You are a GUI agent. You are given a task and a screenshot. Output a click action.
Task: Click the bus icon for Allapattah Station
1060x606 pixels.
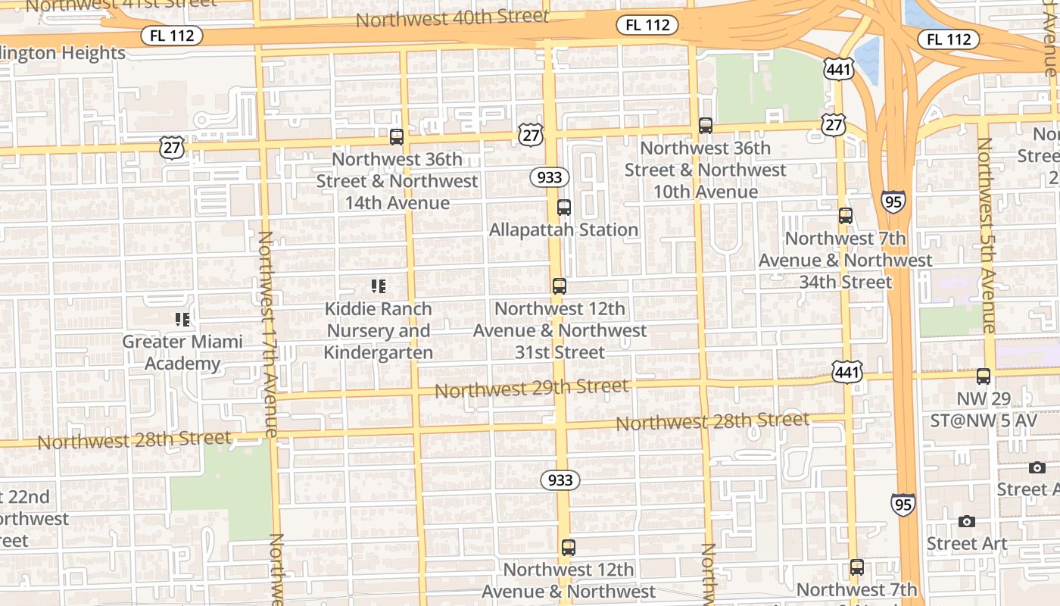pyautogui.click(x=564, y=208)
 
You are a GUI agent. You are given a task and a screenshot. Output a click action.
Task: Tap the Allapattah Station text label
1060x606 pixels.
pyautogui.click(x=564, y=230)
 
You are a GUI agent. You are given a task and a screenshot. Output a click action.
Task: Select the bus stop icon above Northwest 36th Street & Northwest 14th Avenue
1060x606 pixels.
pyautogui.click(x=397, y=137)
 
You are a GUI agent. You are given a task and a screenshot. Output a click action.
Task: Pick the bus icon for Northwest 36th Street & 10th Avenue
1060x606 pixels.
pyautogui.click(x=706, y=126)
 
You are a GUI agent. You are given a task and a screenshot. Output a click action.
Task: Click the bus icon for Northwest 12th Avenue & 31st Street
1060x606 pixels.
pyautogui.click(x=560, y=286)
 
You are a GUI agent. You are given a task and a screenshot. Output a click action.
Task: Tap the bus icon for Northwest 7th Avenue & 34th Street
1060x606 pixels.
pyautogui.click(x=846, y=216)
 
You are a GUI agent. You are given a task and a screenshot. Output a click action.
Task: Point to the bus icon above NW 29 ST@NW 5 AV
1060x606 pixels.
pyautogui.click(x=984, y=376)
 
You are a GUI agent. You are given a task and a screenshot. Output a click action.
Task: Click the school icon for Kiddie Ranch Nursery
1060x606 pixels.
pyautogui.click(x=379, y=286)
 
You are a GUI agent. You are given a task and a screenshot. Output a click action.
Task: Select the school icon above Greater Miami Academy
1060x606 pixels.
pyautogui.click(x=182, y=320)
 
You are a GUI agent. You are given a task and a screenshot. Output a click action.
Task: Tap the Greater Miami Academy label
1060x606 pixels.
pyautogui.click(x=182, y=352)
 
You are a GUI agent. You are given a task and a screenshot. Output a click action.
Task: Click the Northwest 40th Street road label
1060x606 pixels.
pyautogui.click(x=452, y=18)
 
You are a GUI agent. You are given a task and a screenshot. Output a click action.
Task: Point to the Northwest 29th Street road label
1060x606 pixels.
pyautogui.click(x=531, y=389)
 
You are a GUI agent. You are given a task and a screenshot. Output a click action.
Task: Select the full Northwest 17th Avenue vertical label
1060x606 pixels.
pyautogui.click(x=267, y=334)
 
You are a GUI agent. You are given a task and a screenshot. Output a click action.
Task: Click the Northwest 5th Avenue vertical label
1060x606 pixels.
pyautogui.click(x=986, y=236)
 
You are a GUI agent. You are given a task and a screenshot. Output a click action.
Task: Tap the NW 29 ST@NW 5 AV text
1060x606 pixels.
pyautogui.click(x=984, y=409)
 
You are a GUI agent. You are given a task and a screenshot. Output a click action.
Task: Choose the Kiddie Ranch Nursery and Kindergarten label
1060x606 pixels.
pyautogui.click(x=379, y=331)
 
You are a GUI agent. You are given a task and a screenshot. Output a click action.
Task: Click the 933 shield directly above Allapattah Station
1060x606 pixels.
pyautogui.click(x=550, y=177)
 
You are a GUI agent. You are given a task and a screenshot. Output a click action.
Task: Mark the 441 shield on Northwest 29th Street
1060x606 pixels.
pyautogui.click(x=846, y=372)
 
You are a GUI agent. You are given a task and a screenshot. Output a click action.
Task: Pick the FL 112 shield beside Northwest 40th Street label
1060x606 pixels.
pyautogui.click(x=647, y=25)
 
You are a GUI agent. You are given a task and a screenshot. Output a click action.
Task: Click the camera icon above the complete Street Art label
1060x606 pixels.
pyautogui.click(x=967, y=522)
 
